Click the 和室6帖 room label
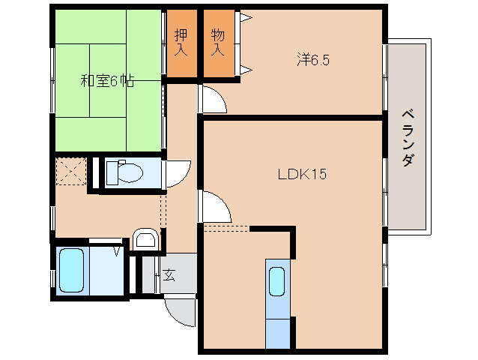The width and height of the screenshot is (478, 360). (107, 81)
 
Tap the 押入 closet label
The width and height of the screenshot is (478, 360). (181, 43)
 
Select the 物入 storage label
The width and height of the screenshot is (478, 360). (217, 43)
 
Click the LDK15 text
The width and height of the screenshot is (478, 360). (301, 174)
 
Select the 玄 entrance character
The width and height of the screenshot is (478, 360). (169, 275)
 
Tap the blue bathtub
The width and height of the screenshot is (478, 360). (71, 270)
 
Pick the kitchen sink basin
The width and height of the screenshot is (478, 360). (276, 282)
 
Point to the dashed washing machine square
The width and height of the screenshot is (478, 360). (72, 172)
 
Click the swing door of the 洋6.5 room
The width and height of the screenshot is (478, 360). (212, 100)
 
